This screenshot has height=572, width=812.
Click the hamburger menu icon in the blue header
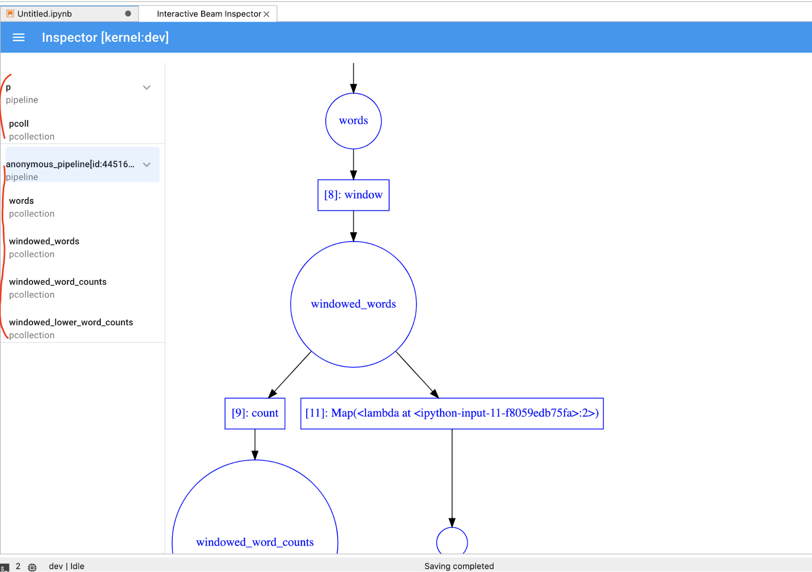point(19,37)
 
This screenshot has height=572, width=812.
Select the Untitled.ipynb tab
point(45,14)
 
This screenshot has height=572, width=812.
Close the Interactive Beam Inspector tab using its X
point(266,14)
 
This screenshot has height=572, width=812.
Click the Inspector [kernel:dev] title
point(105,37)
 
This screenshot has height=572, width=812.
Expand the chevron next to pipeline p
point(147,88)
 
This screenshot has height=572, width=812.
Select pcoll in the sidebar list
point(19,124)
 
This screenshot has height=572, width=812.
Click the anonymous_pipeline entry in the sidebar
point(70,164)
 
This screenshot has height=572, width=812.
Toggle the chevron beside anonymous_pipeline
point(147,164)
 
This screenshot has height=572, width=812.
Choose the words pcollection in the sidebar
point(22,201)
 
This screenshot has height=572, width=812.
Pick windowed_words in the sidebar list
point(44,242)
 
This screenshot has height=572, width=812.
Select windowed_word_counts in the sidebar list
point(58,282)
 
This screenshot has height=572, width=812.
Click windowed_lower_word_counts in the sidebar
point(71,322)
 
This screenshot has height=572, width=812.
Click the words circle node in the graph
point(353,121)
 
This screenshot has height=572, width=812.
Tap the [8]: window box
point(353,195)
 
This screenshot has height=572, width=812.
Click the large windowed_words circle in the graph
point(353,304)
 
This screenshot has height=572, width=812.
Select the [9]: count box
point(255,413)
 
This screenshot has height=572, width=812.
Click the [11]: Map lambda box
point(452,413)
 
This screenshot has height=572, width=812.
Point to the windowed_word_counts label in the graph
point(255,542)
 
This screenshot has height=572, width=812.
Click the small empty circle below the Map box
point(452,542)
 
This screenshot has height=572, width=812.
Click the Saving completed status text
point(459,566)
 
